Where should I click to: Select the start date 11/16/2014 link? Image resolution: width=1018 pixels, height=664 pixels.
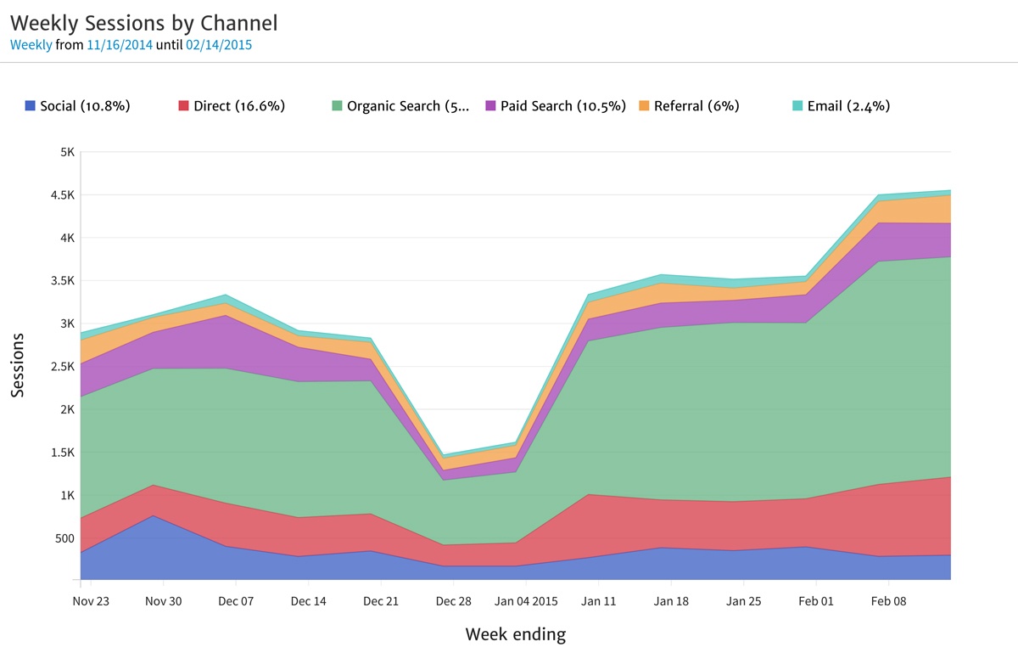pos(120,45)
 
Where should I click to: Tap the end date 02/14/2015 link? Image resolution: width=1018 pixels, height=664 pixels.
pos(219,45)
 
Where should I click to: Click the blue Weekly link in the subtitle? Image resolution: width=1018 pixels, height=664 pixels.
pos(31,45)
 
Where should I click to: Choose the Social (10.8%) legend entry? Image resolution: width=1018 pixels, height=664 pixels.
pos(77,106)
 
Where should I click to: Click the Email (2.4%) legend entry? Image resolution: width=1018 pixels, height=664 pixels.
pos(841,106)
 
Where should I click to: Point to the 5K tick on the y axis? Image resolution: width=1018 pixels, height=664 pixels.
pos(66,152)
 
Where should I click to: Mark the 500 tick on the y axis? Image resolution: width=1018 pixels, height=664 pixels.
pos(64,537)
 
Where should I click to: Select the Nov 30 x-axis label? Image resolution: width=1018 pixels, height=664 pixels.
pos(163,601)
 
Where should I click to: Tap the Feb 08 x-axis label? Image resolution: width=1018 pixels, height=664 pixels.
pos(888,601)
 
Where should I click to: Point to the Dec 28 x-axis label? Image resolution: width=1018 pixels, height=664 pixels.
pos(453,601)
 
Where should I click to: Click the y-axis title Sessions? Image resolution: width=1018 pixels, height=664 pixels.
pos(18,365)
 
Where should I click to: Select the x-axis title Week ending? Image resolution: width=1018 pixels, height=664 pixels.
pos(515,634)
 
